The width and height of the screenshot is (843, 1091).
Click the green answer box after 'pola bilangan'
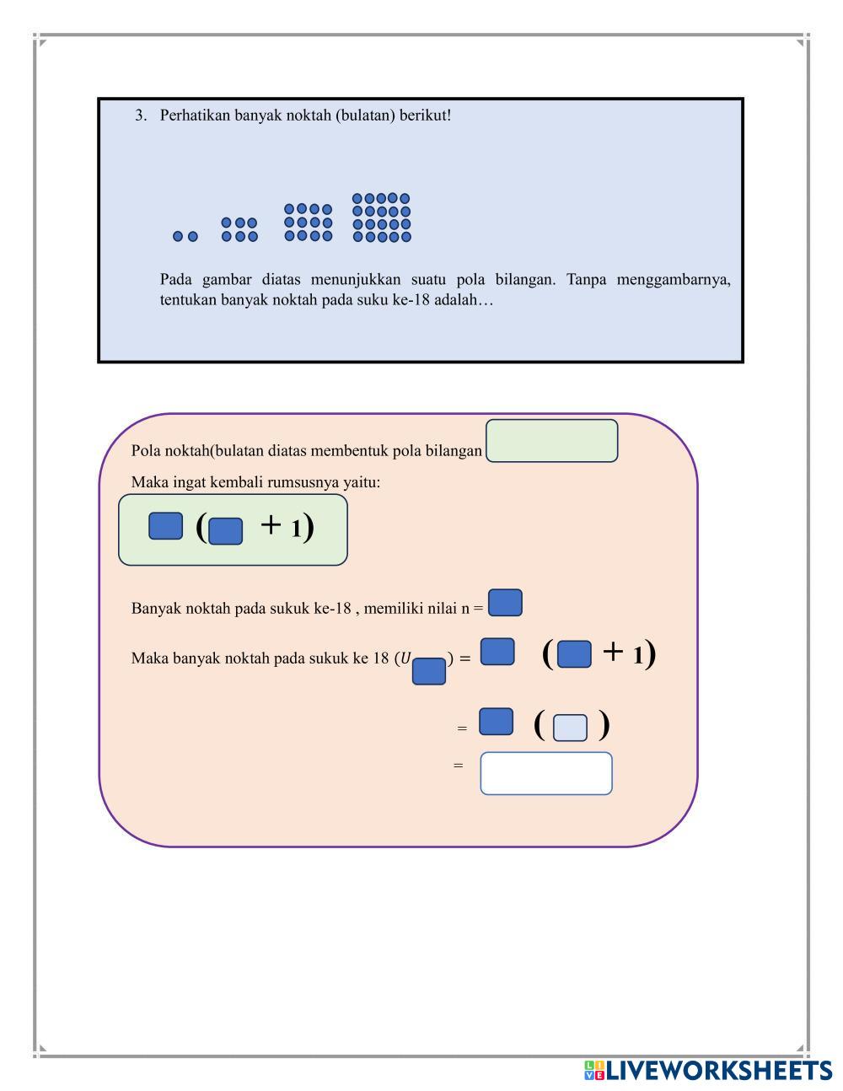552,441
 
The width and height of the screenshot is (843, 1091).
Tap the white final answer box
546,773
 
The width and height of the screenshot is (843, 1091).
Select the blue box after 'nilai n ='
505,603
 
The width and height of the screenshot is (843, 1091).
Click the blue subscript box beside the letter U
429,671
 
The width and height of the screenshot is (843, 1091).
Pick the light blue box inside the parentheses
570,727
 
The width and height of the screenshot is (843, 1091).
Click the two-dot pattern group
185,237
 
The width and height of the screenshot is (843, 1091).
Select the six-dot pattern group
239,229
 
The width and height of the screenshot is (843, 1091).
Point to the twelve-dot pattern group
308,223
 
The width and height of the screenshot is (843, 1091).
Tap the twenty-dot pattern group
381,218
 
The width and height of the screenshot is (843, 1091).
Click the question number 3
140,116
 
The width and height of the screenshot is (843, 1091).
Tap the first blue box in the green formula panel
166,525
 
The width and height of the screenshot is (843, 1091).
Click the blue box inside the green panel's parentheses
225,531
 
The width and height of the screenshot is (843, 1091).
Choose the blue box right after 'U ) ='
497,652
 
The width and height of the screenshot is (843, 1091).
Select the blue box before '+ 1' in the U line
574,654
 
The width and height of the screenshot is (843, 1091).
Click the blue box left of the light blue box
496,722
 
